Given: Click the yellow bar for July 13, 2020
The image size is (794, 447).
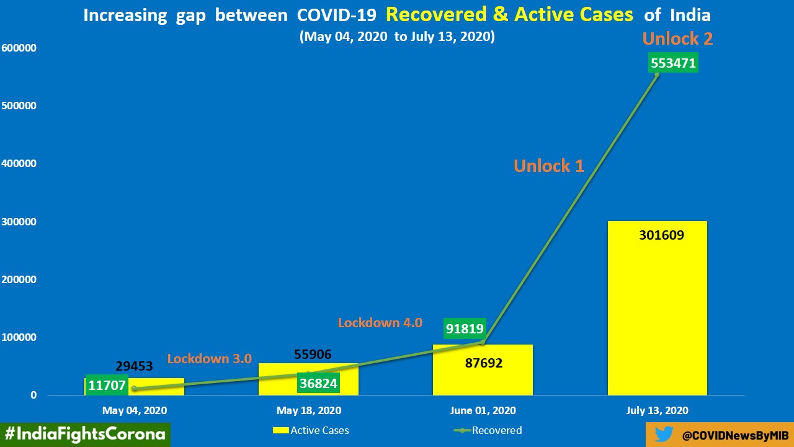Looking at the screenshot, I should tap(658, 310).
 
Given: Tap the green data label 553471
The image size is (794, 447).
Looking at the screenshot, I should tap(673, 63).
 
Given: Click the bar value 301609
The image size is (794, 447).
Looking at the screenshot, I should tap(661, 235).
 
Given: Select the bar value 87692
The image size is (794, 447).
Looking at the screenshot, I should tap(483, 363).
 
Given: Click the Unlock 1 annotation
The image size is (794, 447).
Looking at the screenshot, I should tap(548, 166).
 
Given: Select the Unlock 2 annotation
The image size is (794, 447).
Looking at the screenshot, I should tap(677, 39).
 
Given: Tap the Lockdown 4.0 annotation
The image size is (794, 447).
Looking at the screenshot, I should tap(380, 323).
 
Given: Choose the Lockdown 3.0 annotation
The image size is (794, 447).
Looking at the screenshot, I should tap(209, 359).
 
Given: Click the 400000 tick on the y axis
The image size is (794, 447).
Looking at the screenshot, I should tap(20, 164).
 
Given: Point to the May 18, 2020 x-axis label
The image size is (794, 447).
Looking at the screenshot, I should tap(308, 410).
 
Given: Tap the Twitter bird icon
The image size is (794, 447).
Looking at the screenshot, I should tap(664, 435).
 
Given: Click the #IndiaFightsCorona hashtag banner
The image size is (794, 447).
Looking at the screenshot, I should tap(85, 434).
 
